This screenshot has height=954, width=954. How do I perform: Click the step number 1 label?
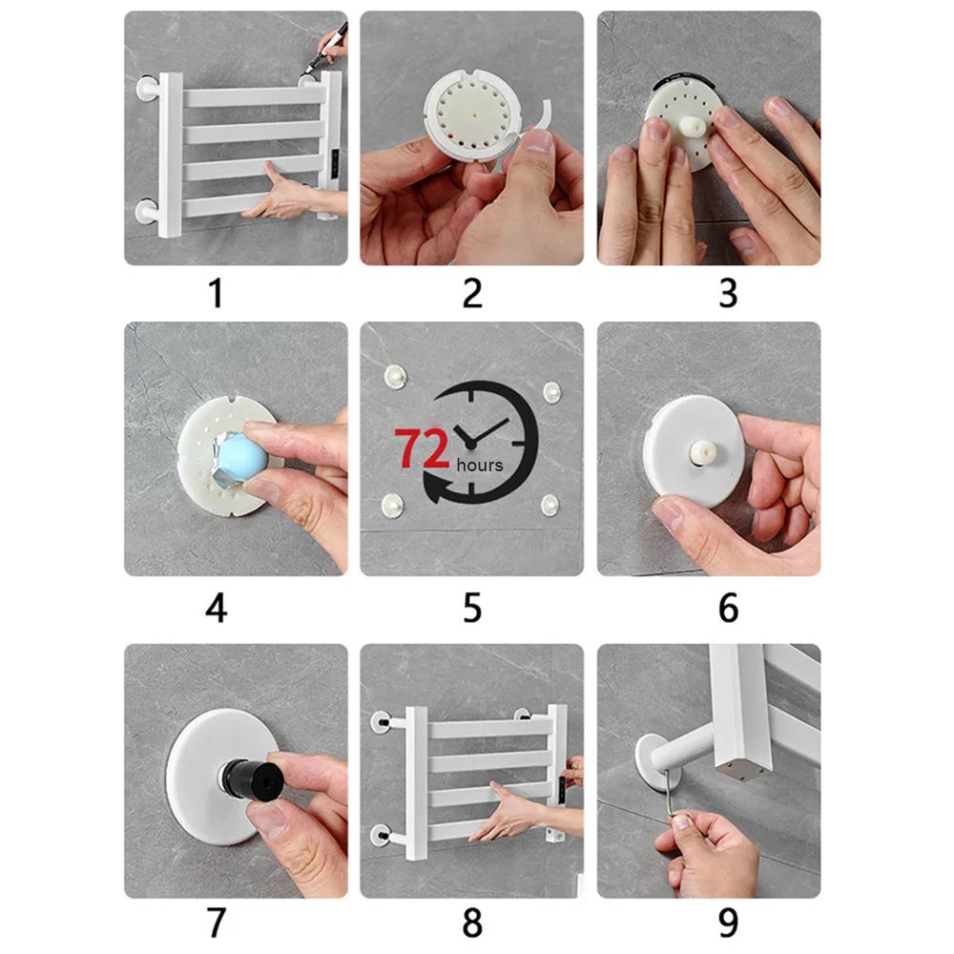216,293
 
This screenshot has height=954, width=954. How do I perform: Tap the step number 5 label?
472,608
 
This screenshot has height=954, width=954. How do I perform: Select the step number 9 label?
728,923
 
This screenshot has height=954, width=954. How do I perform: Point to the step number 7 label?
217,923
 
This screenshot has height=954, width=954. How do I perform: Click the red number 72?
422,448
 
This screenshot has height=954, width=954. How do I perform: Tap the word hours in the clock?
480,466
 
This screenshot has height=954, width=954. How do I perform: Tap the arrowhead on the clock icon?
438,487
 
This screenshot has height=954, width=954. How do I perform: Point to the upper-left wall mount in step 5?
396,377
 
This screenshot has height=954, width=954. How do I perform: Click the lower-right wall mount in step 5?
550,505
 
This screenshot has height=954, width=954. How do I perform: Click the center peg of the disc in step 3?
693,127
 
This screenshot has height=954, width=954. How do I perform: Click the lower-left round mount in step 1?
147,212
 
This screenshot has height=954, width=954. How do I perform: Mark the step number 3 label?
728,293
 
